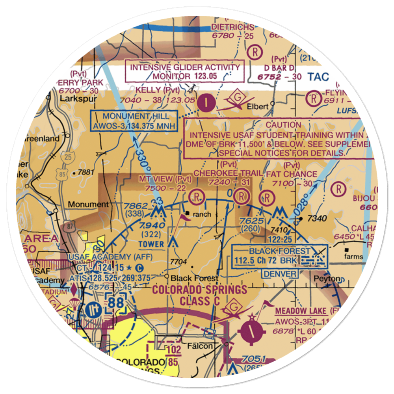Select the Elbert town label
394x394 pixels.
click(x=258, y=106)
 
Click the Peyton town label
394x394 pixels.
click(x=326, y=279)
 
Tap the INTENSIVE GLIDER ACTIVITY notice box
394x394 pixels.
click(x=185, y=71)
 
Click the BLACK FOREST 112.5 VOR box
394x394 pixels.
click(x=280, y=255)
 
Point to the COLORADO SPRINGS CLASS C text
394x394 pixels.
click(x=200, y=295)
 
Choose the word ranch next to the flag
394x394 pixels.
click(x=201, y=215)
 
